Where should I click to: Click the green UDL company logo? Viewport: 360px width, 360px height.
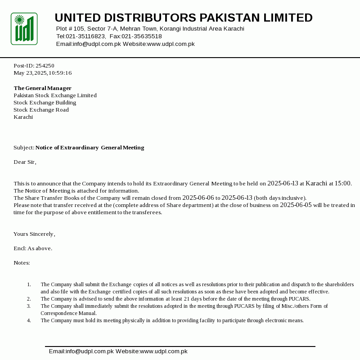[x=24, y=29]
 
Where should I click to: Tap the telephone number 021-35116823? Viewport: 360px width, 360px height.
[x=86, y=36]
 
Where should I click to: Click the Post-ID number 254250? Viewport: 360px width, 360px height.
[x=45, y=66]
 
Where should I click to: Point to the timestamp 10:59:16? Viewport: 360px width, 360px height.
[x=60, y=73]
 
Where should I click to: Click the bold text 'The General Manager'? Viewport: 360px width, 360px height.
[x=43, y=88]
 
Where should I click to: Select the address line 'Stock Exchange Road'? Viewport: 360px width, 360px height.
[x=41, y=110]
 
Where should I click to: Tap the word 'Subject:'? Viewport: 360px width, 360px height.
[x=24, y=148]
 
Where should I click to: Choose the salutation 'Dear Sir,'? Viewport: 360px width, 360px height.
[x=25, y=162]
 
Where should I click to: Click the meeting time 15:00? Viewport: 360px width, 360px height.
[x=343, y=184]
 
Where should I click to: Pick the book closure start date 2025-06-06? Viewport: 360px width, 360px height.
[x=198, y=198]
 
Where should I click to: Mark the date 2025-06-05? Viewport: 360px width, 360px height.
[x=296, y=205]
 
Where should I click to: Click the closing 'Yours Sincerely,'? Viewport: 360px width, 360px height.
[x=34, y=234]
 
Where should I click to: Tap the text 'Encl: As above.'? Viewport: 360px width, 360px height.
[x=33, y=248]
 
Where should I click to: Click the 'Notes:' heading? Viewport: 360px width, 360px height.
[x=22, y=263]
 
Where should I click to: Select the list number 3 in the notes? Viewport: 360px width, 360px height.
[x=29, y=306]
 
